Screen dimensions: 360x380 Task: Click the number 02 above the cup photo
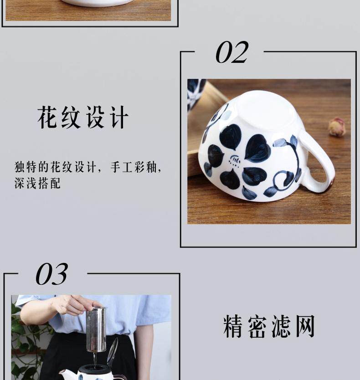pyautogui.click(x=232, y=52)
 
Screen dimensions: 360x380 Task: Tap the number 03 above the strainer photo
pyautogui.click(x=51, y=274)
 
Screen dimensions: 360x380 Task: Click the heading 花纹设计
pyautogui.click(x=83, y=117)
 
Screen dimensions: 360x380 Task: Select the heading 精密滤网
pyautogui.click(x=269, y=326)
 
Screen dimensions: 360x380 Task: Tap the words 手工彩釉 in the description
pyautogui.click(x=134, y=167)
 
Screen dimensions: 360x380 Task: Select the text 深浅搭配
pyautogui.click(x=37, y=183)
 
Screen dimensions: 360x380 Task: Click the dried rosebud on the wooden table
pyautogui.click(x=336, y=126)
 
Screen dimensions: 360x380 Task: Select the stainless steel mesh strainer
pyautogui.click(x=96, y=329)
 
